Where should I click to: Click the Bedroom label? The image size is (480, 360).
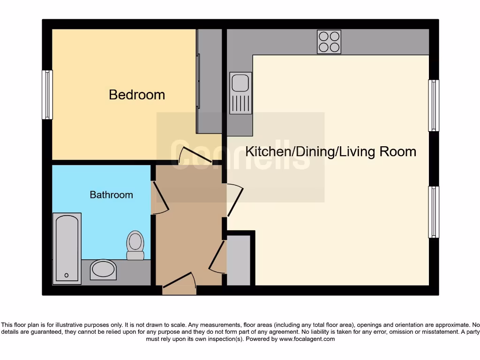coord(137,95)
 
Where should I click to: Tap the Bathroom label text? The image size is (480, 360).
coord(111,195)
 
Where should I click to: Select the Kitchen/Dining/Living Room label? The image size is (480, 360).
coord(331,151)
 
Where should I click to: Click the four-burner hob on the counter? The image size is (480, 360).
coord(329,42)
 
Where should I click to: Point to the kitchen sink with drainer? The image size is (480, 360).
coord(240,93)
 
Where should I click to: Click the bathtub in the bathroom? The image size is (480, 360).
coord(67,248)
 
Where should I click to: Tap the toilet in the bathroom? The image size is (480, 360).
coord(135,245)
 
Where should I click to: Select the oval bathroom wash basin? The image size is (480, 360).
coord(103,270)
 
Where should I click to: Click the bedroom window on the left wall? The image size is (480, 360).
coord(47,95)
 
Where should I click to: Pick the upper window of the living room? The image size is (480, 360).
coord(434,105)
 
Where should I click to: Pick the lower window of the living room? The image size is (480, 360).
coord(434,212)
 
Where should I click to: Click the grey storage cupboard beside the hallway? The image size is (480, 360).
coord(239,260)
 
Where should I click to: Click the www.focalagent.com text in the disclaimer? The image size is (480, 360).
coord(307,339)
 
